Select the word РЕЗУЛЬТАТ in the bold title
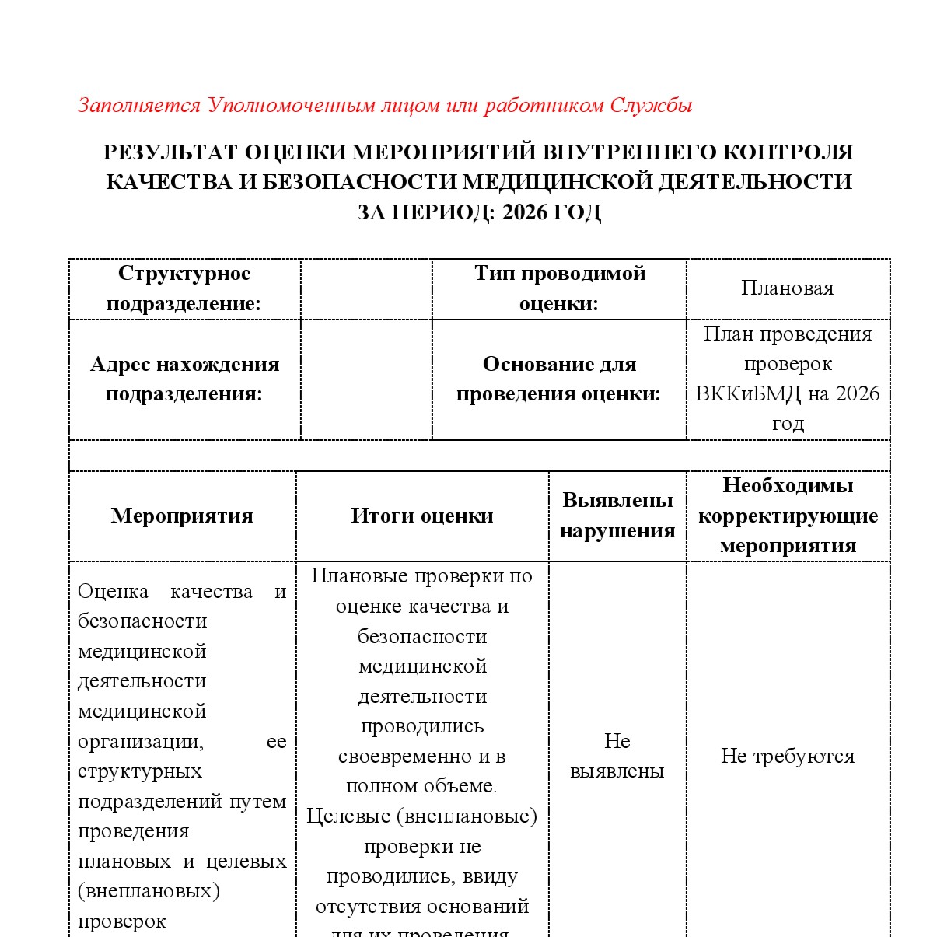point(170,152)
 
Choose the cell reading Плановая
point(787,288)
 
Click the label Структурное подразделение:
point(184,288)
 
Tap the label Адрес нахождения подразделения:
point(184,379)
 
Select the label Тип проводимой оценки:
point(559,288)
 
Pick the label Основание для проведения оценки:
point(559,379)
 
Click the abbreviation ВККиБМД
point(748,393)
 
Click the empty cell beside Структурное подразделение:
point(366,288)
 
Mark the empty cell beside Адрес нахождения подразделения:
point(366,379)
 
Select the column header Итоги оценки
point(422,516)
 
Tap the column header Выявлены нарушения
point(617,516)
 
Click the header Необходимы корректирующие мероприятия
point(788,516)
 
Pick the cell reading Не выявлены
point(617,756)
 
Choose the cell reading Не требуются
point(788,756)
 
